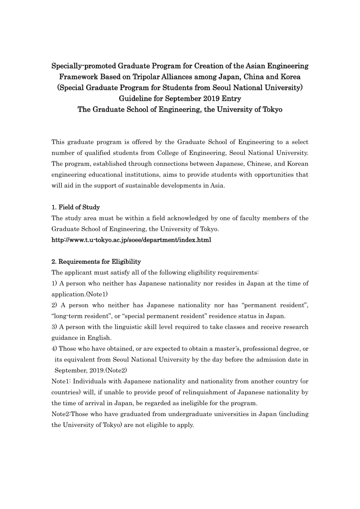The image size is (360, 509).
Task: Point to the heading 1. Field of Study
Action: click(76, 207)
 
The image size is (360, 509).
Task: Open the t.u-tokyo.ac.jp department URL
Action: click(131, 240)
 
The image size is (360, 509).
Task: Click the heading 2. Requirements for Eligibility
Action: click(96, 262)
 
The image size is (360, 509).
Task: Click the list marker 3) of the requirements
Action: click(55, 327)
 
